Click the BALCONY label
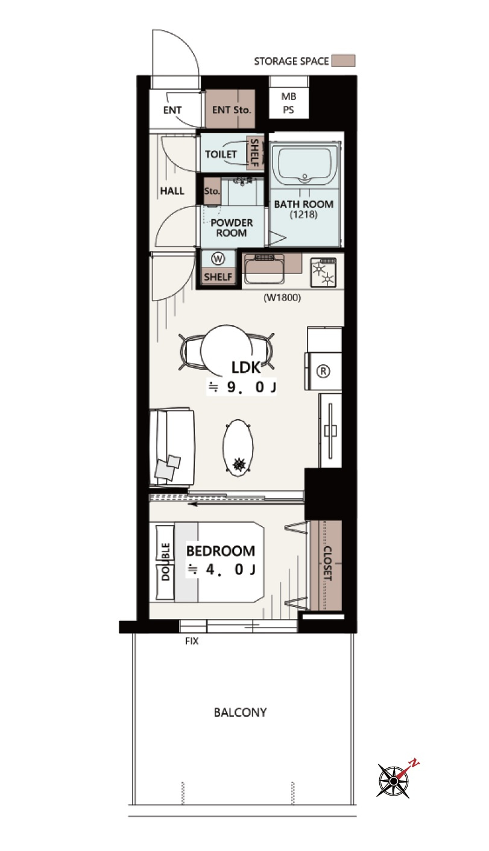(x=240, y=712)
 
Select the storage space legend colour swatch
(x=343, y=61)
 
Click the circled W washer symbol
(x=218, y=259)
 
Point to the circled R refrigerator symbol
(x=323, y=371)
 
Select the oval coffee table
(x=238, y=449)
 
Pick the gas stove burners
(x=323, y=273)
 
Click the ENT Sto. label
(x=232, y=110)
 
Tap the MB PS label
(x=289, y=103)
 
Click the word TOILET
(x=221, y=154)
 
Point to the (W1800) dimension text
(x=282, y=298)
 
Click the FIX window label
(x=192, y=641)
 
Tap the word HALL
(x=172, y=191)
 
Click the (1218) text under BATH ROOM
(x=303, y=214)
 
